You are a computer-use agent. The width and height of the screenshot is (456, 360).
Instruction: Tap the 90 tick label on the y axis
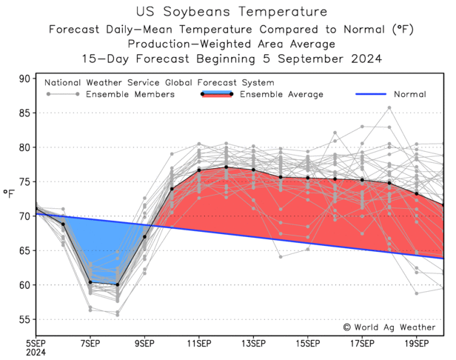click(x=24, y=79)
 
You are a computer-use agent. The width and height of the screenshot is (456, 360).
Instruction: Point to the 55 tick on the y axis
click(x=24, y=319)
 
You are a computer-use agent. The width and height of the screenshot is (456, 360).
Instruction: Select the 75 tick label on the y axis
click(x=24, y=181)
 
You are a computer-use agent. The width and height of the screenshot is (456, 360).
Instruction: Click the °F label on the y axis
click(x=9, y=194)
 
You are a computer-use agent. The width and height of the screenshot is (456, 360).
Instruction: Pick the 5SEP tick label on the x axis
click(x=36, y=343)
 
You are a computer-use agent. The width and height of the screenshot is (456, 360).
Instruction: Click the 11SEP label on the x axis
click(x=199, y=343)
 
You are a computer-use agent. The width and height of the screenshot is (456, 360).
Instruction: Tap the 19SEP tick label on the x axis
click(x=416, y=343)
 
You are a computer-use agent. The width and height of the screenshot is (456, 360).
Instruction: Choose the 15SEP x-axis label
click(x=307, y=343)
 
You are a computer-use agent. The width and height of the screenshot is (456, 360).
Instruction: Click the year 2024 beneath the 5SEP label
click(x=36, y=353)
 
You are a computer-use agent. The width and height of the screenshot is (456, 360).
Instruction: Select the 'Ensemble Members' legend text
click(x=130, y=94)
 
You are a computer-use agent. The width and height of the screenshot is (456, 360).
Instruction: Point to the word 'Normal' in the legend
click(x=410, y=94)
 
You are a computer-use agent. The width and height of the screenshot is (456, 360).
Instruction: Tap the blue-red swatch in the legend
click(x=217, y=94)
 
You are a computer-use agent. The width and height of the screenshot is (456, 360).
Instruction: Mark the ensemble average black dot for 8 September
click(x=117, y=284)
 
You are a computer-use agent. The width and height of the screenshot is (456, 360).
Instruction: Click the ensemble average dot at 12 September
click(x=226, y=167)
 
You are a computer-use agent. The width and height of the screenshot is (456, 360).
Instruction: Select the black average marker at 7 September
click(x=90, y=282)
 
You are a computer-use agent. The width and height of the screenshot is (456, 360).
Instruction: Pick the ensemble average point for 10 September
click(x=172, y=189)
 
